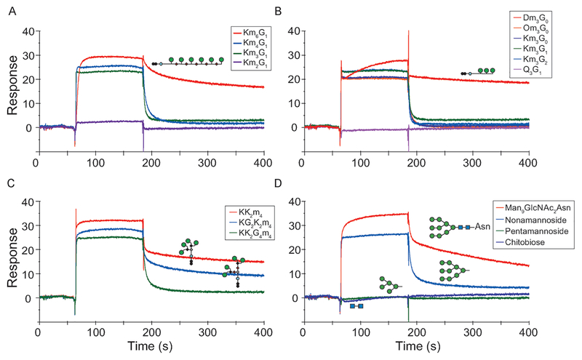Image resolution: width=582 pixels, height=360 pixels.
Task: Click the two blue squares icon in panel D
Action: coord(356,306)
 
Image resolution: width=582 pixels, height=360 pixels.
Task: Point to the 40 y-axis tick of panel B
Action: coord(293,31)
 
